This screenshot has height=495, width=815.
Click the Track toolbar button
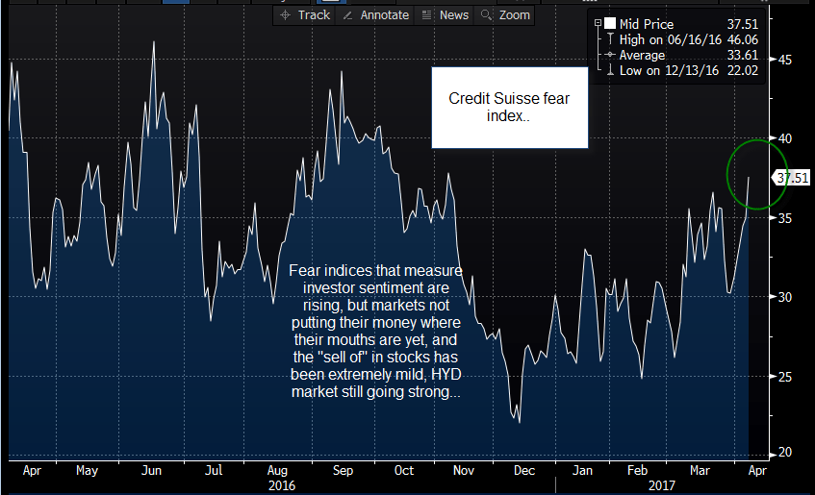pos(305,15)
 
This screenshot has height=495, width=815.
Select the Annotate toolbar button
pos(376,15)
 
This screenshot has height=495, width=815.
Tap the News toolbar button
pos(446,15)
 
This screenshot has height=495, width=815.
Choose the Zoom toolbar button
pos(505,15)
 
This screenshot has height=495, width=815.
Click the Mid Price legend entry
pos(646,24)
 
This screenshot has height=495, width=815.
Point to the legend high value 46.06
pos(742,39)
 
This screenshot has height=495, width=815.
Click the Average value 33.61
pos(742,55)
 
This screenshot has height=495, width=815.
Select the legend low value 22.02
pos(742,70)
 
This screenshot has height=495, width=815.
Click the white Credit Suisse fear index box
pos(510,108)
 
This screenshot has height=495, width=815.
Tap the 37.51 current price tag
pos(791,178)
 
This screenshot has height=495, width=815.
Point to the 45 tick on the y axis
pos(785,60)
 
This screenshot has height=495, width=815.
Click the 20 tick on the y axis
pos(785,453)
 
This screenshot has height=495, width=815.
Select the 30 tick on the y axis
pos(785,297)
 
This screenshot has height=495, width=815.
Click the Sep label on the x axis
pos(343,471)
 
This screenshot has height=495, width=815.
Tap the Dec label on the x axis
pos(523,471)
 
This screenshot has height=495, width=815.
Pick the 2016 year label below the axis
pos(282,485)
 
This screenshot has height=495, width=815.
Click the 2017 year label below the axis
pos(662,485)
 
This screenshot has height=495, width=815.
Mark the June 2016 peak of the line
pos(154,42)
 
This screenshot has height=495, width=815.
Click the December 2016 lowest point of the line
pos(520,422)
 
